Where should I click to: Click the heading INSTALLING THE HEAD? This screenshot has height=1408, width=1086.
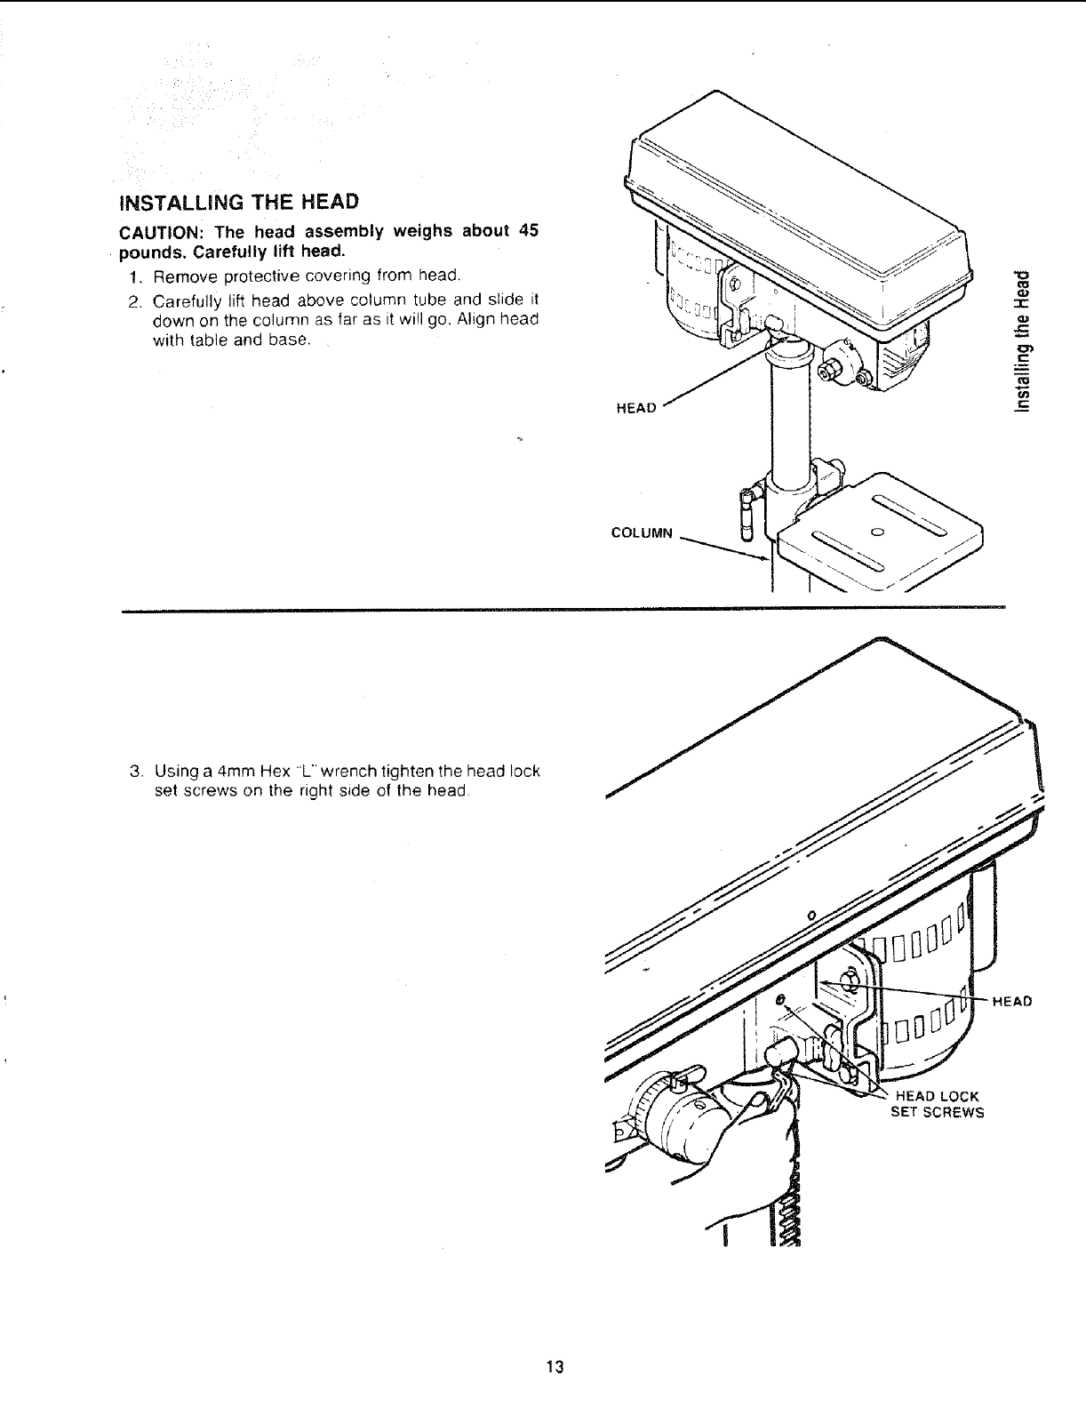coord(238,203)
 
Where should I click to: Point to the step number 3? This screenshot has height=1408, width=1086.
coord(134,770)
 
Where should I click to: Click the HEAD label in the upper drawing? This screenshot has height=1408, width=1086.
coord(635,408)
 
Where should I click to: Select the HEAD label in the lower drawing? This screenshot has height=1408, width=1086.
coord(1011,1002)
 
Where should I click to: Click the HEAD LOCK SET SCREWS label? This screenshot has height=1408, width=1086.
coord(937,1103)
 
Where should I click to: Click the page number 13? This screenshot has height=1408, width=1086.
coord(555,1366)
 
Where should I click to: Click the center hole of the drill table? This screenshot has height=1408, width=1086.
coord(876,532)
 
